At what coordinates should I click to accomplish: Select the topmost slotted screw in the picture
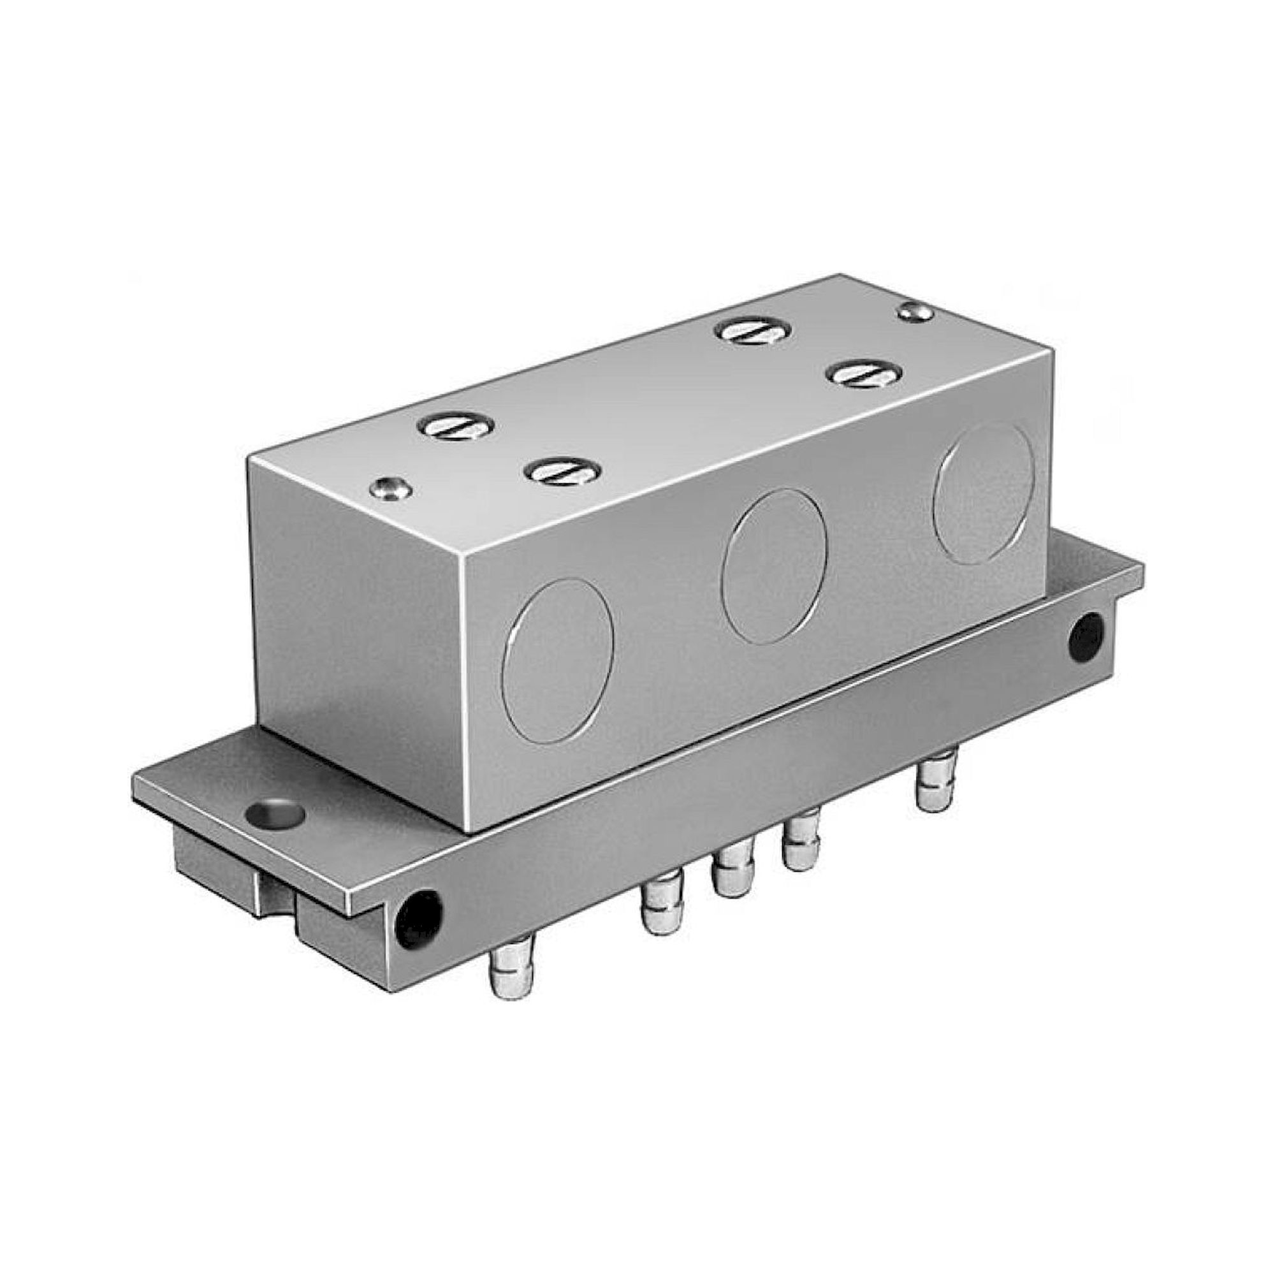click(x=754, y=331)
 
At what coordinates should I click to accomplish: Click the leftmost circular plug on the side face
click(x=558, y=659)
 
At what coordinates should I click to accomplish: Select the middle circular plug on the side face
click(x=773, y=565)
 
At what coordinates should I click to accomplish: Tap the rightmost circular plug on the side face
click(x=983, y=493)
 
